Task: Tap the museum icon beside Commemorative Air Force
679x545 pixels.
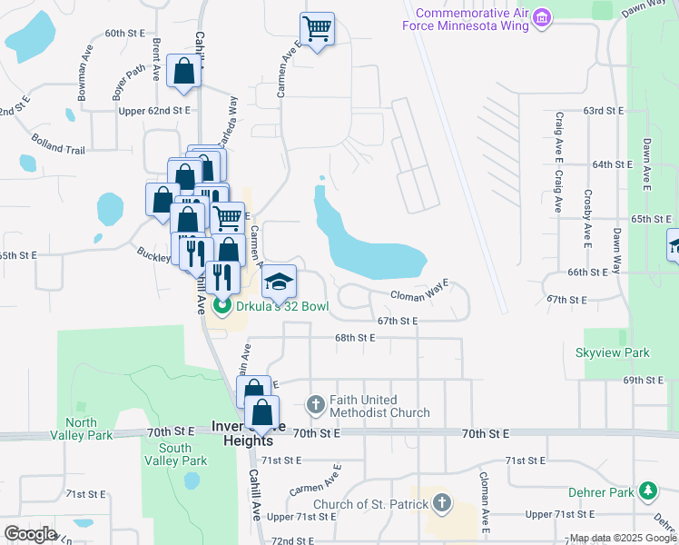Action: (542, 18)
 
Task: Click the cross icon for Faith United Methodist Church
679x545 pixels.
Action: (315, 404)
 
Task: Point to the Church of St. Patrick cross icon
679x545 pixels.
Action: (441, 502)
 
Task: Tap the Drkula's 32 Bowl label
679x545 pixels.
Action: (280, 307)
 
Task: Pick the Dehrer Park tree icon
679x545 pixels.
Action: (647, 491)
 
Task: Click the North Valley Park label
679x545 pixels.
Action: (88, 429)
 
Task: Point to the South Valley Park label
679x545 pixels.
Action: (174, 454)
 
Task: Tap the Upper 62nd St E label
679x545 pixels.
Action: (155, 110)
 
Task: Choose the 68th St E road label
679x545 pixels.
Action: (354, 337)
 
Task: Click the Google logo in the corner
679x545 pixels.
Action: (30, 534)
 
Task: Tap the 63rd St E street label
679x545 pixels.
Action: (605, 110)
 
